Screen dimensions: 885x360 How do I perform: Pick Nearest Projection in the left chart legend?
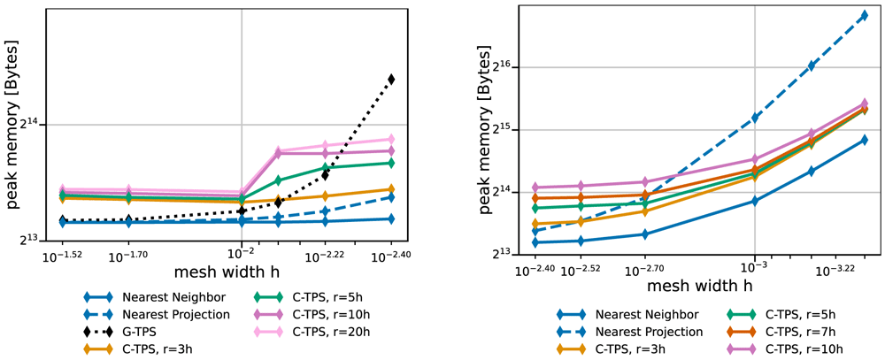coord(148,313)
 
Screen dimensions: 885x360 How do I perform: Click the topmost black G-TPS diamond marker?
coord(391,79)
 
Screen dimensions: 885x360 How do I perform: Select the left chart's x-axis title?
coord(227,272)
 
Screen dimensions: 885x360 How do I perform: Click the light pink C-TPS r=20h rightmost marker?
coord(391,139)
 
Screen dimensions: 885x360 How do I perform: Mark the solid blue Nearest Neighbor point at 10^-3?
coord(754,201)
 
